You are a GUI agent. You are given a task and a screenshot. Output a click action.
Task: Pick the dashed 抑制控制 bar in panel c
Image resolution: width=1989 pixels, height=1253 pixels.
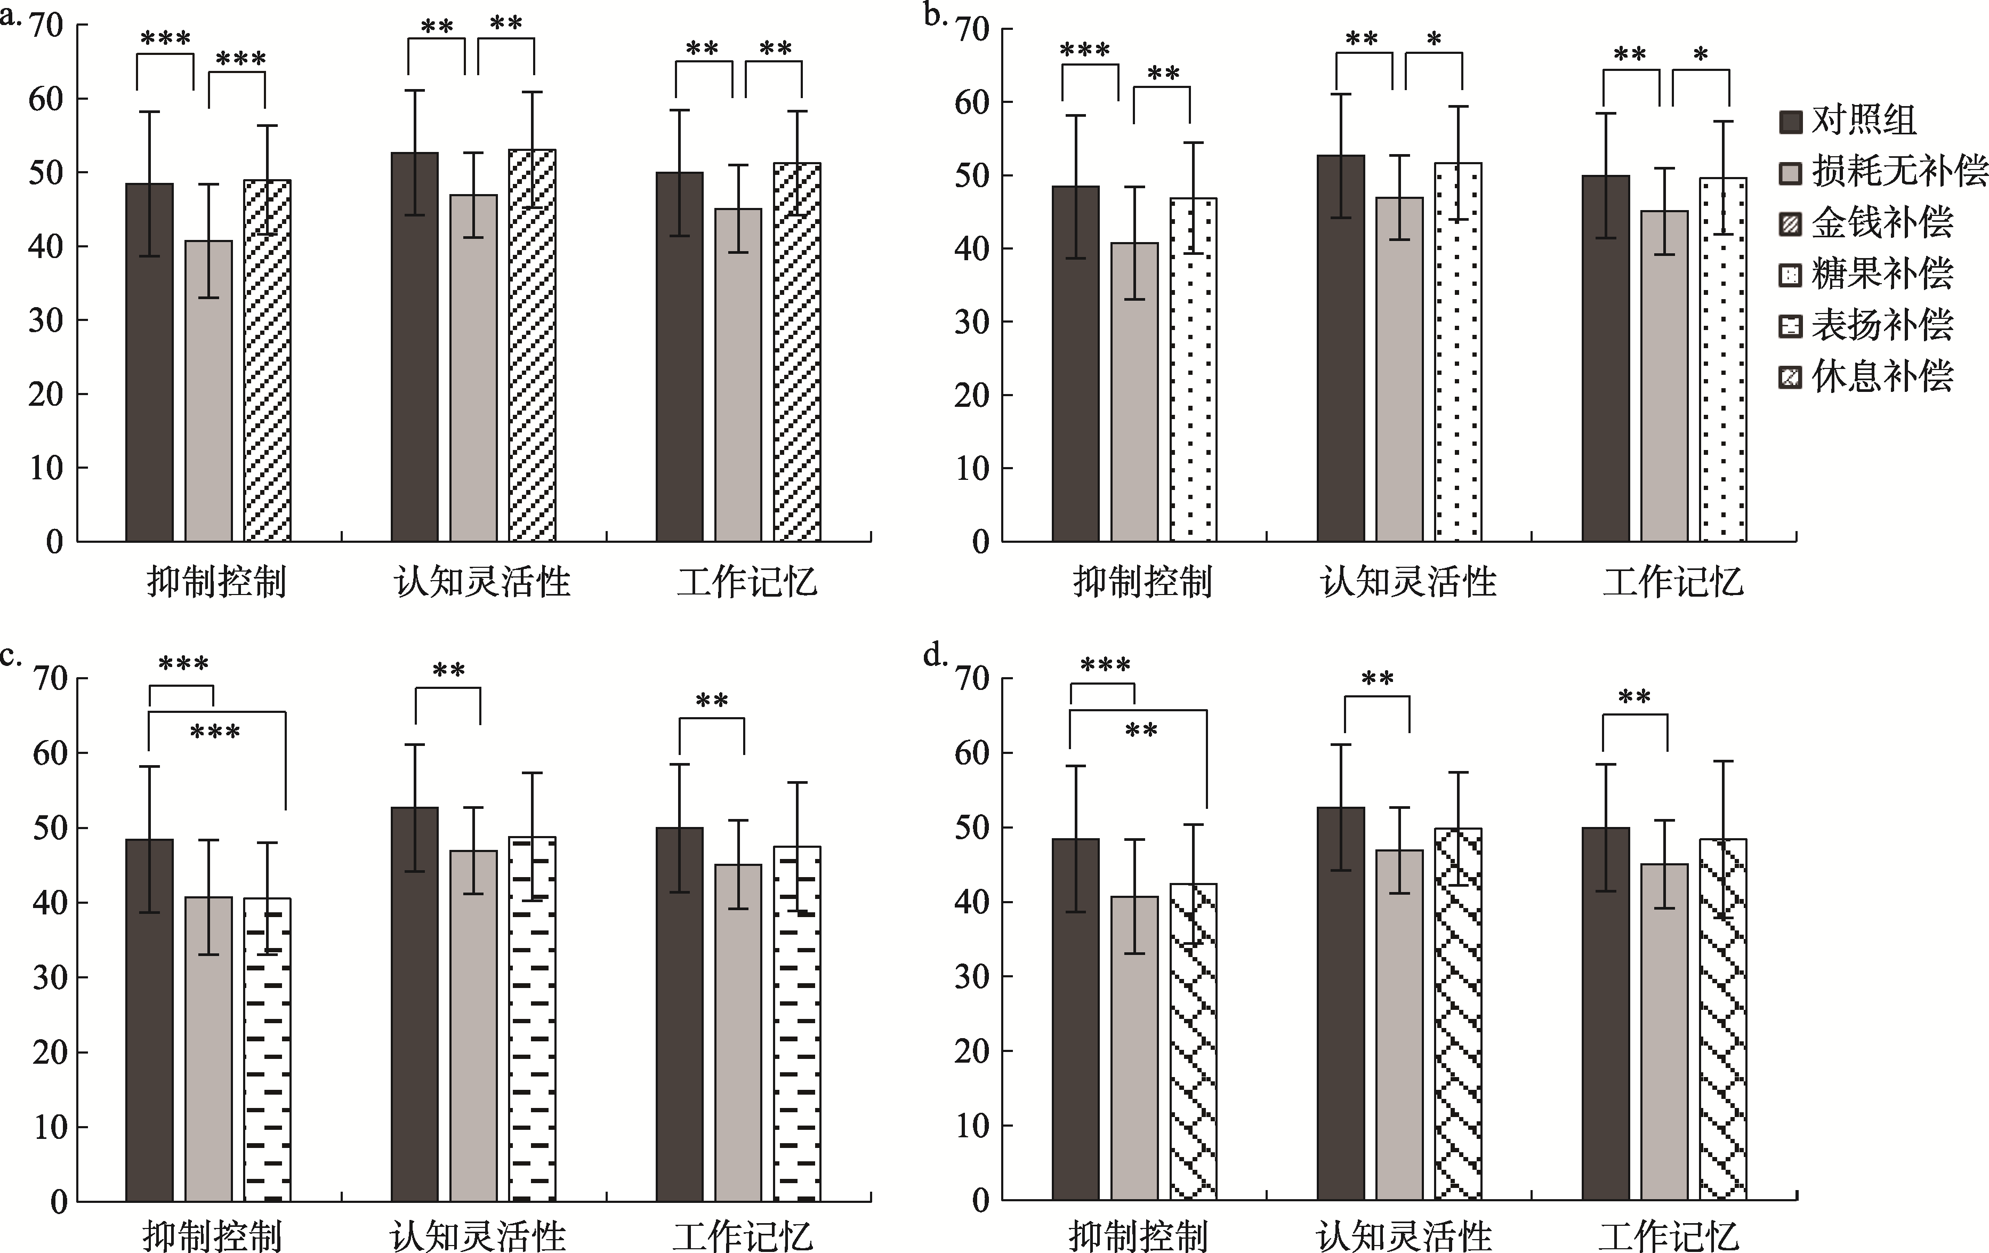tap(267, 1049)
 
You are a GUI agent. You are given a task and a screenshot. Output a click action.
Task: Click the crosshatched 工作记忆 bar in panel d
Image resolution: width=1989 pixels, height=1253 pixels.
tap(1723, 1019)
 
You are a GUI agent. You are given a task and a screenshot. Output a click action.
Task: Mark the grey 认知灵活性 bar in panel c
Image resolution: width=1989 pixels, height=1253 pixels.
tap(473, 1025)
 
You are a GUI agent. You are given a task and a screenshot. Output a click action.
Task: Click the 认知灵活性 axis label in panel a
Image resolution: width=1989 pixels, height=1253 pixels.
tap(482, 582)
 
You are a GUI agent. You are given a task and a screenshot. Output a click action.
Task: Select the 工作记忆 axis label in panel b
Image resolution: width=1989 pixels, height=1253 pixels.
tap(1673, 582)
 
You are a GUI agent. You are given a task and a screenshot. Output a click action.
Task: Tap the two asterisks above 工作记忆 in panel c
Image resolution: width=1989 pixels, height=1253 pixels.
tap(711, 702)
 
